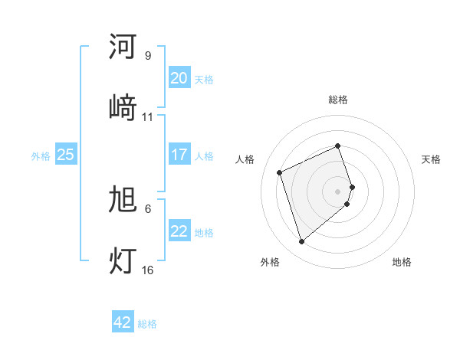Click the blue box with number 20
click(x=179, y=78)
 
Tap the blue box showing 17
click(x=179, y=155)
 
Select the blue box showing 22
click(x=179, y=231)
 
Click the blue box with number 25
click(x=65, y=155)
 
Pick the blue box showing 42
click(x=123, y=322)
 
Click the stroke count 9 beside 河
click(x=147, y=56)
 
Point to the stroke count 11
click(x=148, y=117)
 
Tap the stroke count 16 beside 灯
click(x=148, y=270)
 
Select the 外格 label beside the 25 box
click(x=41, y=155)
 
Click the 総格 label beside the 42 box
click(x=147, y=324)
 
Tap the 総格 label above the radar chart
click(x=338, y=100)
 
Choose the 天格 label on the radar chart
click(x=431, y=159)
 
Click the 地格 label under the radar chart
click(x=402, y=262)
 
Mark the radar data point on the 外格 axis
click(x=301, y=242)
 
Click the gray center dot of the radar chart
click(x=338, y=191)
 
